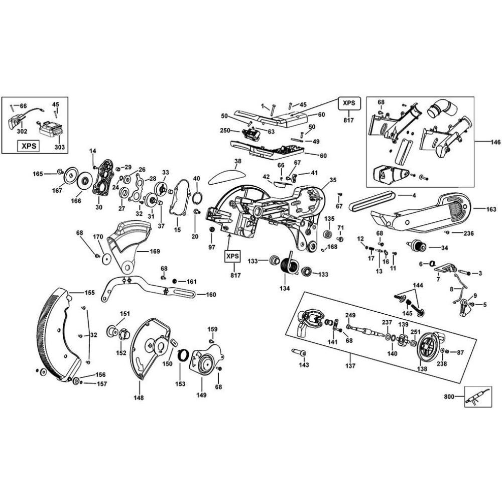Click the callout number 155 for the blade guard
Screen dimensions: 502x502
tap(89, 292)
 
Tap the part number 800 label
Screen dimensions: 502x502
tap(449, 397)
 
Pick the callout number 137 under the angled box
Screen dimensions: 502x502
tap(350, 366)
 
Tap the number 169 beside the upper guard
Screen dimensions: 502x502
tap(155, 252)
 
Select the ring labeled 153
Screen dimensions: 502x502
tap(184, 355)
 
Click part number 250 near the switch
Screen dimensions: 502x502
tap(225, 131)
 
